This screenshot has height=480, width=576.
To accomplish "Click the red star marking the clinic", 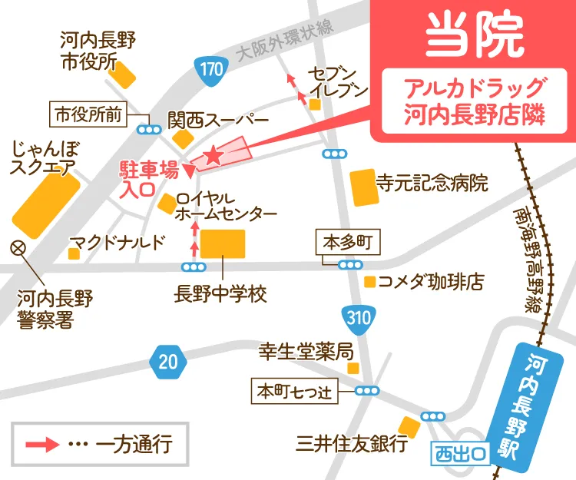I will click(x=214, y=156).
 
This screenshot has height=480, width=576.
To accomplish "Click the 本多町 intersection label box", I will click(x=347, y=243).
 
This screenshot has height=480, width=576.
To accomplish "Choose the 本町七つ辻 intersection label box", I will click(x=295, y=390).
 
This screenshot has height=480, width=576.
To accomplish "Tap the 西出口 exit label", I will click(x=459, y=453).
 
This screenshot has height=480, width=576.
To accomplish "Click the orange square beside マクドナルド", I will click(x=75, y=253).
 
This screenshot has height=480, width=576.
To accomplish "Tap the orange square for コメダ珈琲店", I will click(x=370, y=282).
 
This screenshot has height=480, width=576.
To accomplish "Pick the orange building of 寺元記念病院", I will click(x=364, y=187).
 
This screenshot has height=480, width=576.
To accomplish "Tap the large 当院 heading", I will click(x=474, y=35).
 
